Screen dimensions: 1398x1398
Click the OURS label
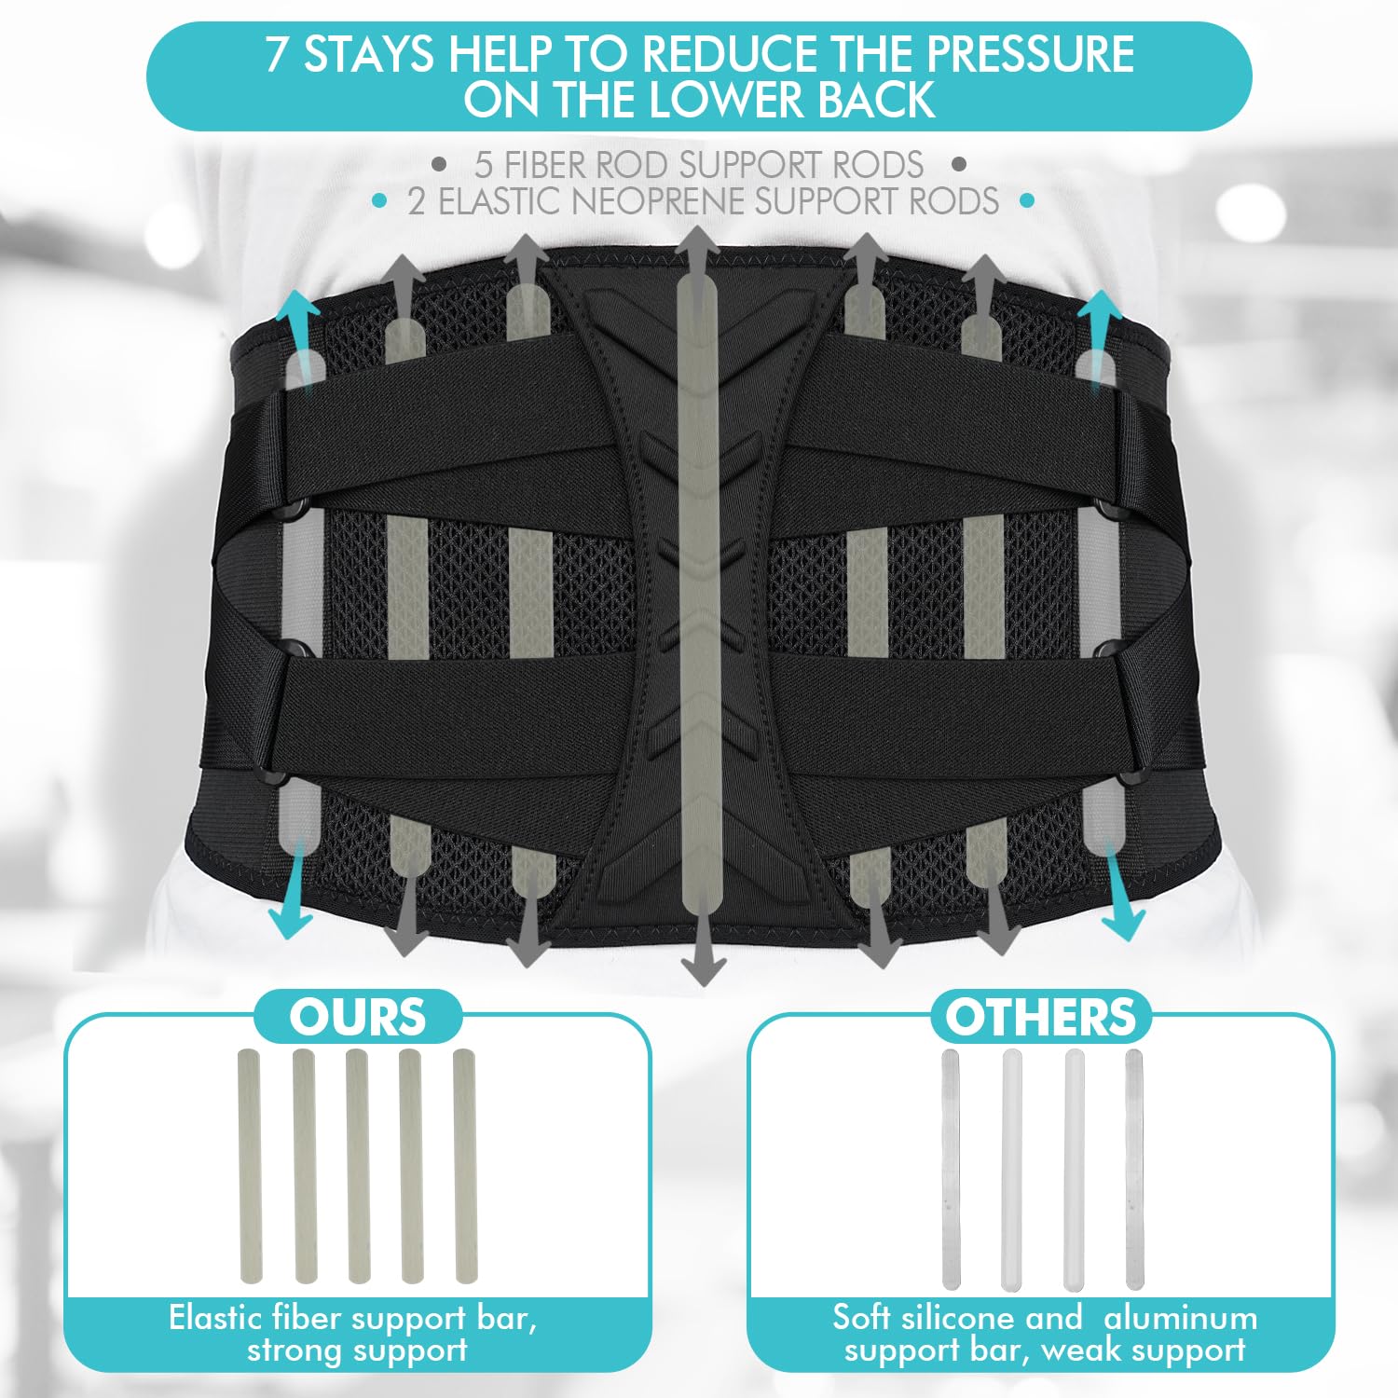coord(358,1017)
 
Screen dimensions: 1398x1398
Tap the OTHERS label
coord(1041,1017)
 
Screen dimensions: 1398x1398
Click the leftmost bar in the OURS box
coord(250,1166)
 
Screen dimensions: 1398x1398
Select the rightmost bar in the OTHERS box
coord(1134,1170)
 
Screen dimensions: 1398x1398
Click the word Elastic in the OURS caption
coord(216,1319)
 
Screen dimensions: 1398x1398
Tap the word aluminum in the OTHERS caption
coord(1180,1319)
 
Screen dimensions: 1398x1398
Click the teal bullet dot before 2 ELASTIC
coord(378,200)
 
